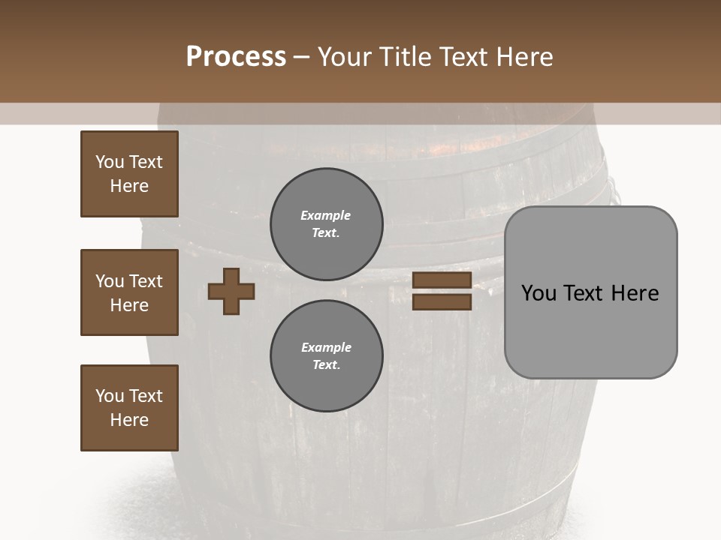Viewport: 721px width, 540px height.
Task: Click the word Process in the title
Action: (236, 56)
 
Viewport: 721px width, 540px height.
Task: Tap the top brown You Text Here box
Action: (129, 174)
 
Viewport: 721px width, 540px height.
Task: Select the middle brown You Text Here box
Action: (129, 292)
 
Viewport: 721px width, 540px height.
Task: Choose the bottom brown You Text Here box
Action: (129, 408)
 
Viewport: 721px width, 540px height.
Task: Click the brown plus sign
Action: (231, 291)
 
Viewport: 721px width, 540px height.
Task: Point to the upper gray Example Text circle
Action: (327, 224)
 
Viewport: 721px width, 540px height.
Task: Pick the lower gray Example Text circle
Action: (327, 356)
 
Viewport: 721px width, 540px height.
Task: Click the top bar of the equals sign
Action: (442, 280)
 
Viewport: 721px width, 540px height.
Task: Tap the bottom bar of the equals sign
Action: (442, 301)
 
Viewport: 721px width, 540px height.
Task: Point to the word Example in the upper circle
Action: (326, 215)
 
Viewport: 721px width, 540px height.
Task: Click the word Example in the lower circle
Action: (326, 347)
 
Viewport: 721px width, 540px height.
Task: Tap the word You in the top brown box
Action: (109, 162)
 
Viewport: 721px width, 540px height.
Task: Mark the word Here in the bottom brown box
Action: (129, 420)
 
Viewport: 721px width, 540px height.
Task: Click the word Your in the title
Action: (345, 56)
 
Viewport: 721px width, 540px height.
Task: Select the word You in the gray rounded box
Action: (538, 293)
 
